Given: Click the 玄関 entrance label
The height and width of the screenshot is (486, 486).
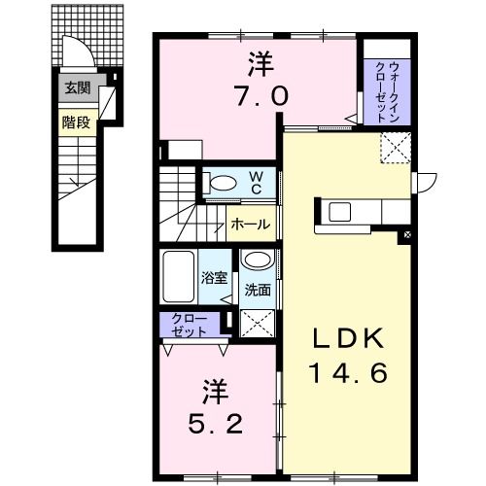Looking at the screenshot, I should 77,87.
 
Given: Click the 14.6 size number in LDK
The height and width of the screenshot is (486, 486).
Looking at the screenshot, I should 349,371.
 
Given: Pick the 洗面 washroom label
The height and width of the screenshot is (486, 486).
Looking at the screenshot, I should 257,289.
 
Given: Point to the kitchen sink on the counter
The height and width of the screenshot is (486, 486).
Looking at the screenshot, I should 342,211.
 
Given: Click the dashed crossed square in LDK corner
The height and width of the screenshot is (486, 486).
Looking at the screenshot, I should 395,149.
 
